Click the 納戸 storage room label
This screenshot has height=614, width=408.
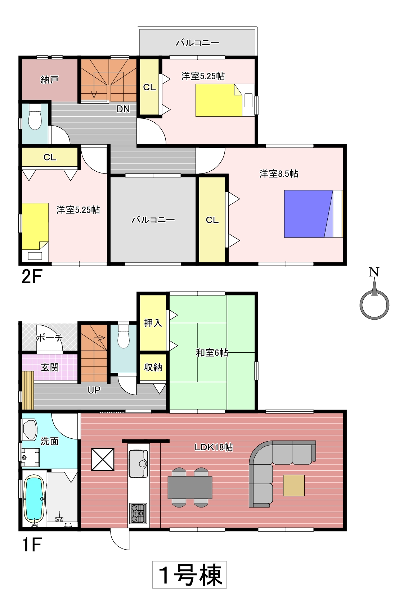49,80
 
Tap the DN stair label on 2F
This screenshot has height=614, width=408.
123,109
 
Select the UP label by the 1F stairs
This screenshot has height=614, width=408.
94,390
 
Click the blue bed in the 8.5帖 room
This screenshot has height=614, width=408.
313,214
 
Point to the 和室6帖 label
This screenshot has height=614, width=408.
212,352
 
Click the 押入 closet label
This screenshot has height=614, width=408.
153,323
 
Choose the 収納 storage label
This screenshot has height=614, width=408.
153,367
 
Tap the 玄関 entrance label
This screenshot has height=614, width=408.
50,367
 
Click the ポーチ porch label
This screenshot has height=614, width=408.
50,338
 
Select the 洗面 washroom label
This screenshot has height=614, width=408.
50,441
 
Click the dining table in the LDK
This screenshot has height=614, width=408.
190,487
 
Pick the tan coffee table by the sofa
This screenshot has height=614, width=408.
293,486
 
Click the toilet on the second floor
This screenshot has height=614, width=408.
35,117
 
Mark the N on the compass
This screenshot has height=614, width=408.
374,272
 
